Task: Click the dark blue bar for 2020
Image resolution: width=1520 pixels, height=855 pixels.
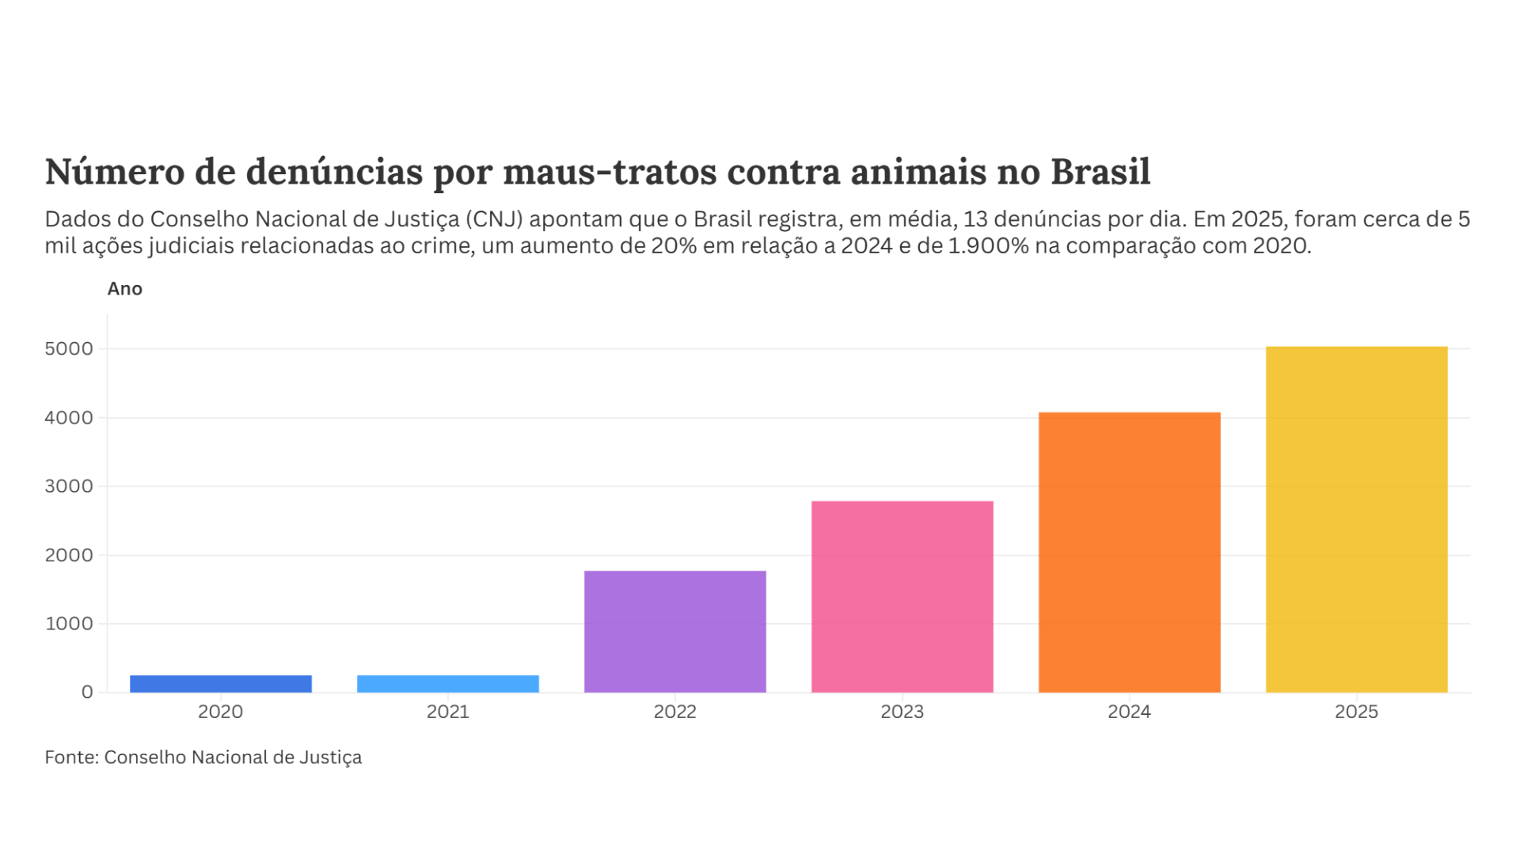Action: point(221,684)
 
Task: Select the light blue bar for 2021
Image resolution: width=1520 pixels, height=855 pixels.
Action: point(448,684)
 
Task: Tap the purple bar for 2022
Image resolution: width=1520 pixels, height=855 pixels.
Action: point(675,632)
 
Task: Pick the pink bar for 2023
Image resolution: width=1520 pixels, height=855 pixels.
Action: point(902,597)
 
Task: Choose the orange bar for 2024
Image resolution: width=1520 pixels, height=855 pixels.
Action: point(1130,553)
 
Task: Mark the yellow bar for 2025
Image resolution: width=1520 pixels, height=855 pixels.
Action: point(1357,519)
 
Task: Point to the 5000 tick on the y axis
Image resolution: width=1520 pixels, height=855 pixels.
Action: point(69,349)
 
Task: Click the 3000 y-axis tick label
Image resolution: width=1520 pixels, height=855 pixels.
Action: point(69,486)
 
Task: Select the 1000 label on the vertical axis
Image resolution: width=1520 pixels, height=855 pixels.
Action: point(69,624)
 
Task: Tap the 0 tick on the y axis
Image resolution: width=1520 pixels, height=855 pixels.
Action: point(87,692)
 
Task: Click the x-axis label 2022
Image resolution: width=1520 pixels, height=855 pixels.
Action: point(675,712)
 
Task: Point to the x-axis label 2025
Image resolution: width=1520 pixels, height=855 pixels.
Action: point(1357,712)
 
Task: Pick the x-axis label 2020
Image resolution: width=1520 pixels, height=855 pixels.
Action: point(221,712)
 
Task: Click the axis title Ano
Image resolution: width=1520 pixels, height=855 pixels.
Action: point(125,289)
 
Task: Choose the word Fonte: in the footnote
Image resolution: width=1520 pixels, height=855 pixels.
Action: point(72,758)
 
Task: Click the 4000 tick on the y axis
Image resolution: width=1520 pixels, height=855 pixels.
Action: point(69,418)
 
